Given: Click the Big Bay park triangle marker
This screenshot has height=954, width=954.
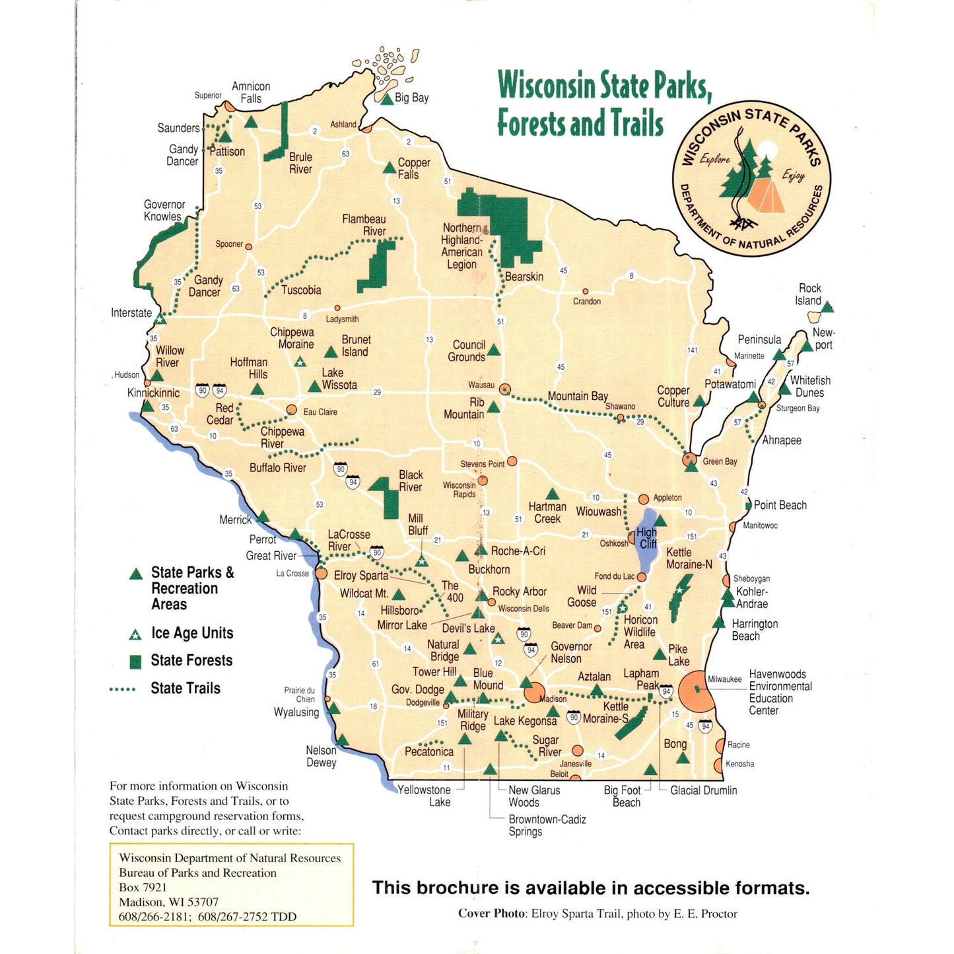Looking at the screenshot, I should pyautogui.click(x=387, y=98).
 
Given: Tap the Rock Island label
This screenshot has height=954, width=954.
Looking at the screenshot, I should pyautogui.click(x=809, y=294).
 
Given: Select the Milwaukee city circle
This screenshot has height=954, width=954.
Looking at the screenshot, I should pyautogui.click(x=697, y=691).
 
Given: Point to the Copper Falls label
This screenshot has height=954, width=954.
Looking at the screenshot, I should pyautogui.click(x=413, y=168).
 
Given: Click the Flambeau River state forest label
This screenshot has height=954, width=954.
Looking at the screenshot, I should pyautogui.click(x=364, y=224).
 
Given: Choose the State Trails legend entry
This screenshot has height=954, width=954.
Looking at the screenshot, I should pyautogui.click(x=185, y=688).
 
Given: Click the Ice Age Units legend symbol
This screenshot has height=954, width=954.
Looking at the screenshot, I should pyautogui.click(x=135, y=634).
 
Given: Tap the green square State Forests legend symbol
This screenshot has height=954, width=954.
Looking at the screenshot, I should pyautogui.click(x=135, y=662).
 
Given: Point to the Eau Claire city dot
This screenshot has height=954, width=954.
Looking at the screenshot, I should pyautogui.click(x=291, y=410).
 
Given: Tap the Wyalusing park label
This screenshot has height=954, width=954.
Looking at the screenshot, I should pyautogui.click(x=296, y=712).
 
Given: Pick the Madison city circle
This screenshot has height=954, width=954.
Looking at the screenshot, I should pyautogui.click(x=533, y=693).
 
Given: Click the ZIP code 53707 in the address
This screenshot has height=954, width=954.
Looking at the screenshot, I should pyautogui.click(x=201, y=902).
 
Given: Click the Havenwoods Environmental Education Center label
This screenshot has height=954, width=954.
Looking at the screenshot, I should pyautogui.click(x=780, y=692).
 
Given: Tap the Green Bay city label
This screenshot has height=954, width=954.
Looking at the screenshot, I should pyautogui.click(x=720, y=461).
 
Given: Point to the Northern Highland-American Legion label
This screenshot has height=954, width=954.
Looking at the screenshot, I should pyautogui.click(x=461, y=246).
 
